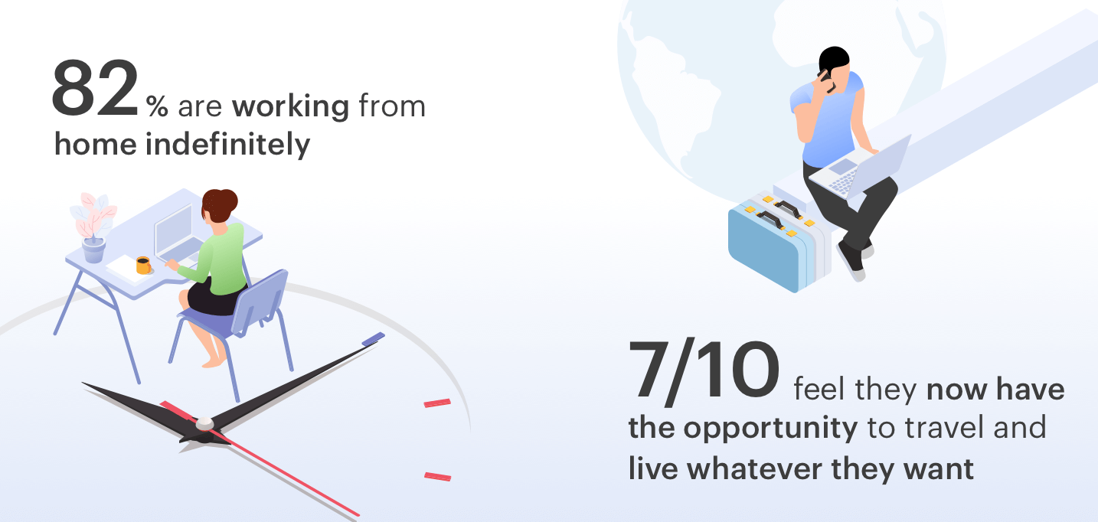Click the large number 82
tap(95, 88)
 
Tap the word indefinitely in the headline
tap(228, 145)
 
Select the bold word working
tap(291, 106)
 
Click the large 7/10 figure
tap(704, 370)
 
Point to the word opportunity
tap(770, 429)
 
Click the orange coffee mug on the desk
tap(144, 265)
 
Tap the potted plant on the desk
tap(93, 227)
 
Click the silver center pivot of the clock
tap(204, 423)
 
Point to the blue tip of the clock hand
tap(373, 338)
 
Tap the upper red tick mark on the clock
tap(437, 403)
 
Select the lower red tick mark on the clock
tap(438, 476)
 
